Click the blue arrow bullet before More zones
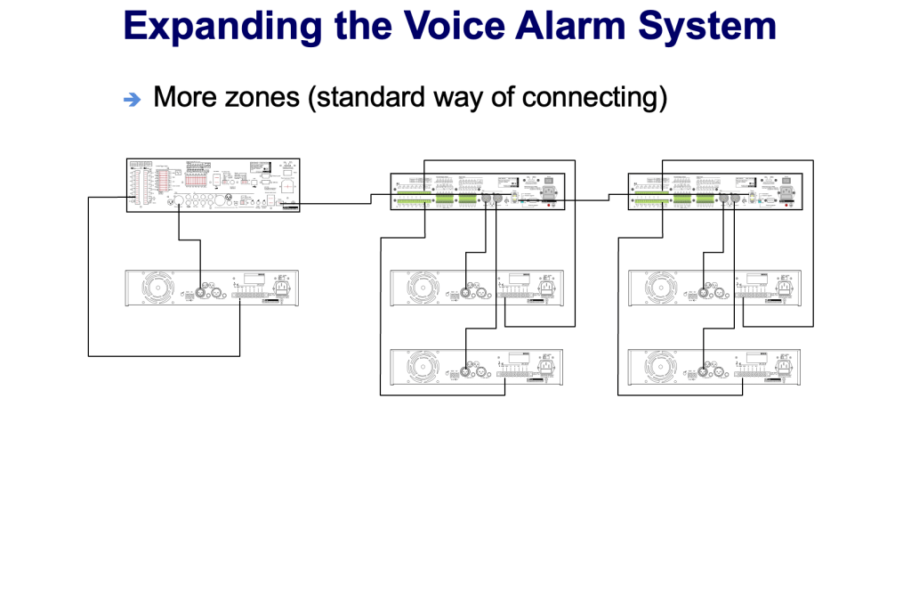coord(133,100)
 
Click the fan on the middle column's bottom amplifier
coord(423,367)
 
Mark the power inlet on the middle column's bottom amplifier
coord(546,365)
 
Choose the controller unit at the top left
coord(213,184)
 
